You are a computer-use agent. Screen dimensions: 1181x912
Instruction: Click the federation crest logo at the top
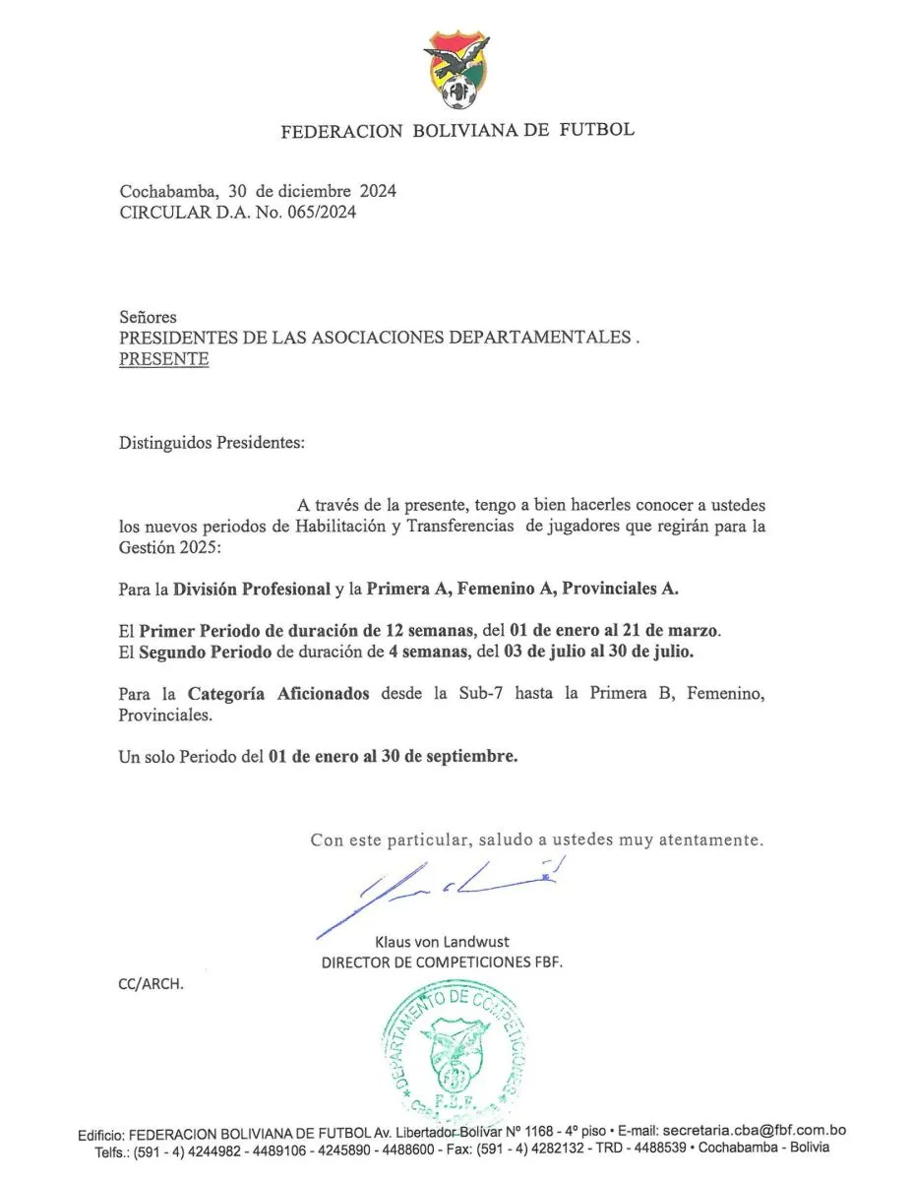coord(456,72)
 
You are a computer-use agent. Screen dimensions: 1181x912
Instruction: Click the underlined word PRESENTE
coord(163,359)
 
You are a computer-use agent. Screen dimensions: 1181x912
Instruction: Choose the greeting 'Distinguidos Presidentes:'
coord(213,443)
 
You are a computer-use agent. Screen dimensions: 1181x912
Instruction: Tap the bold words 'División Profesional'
coord(252,590)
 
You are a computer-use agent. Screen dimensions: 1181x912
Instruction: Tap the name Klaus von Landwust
coord(442,942)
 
